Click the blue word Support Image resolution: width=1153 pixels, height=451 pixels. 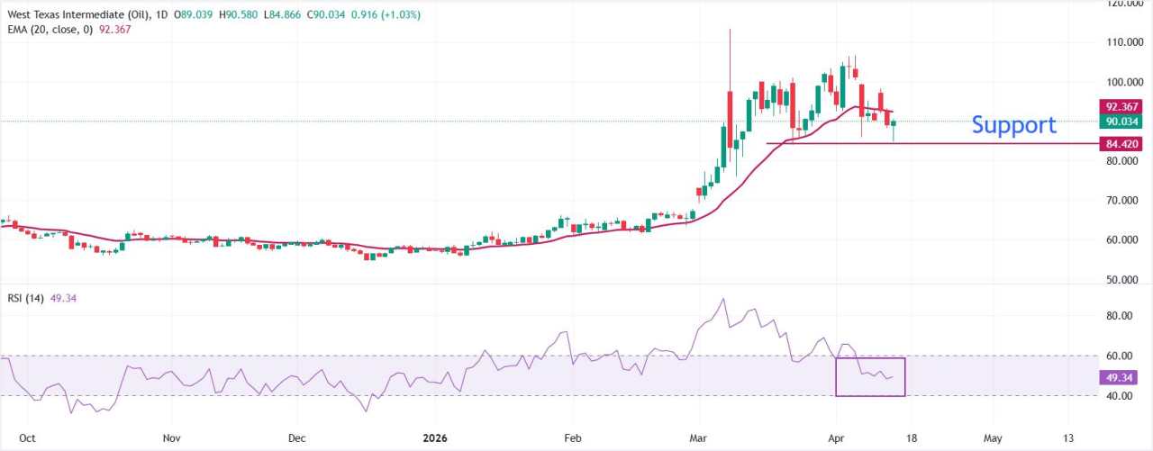(1013, 125)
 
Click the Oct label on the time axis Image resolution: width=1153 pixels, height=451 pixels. (27, 438)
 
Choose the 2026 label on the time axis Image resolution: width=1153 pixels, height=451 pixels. (435, 438)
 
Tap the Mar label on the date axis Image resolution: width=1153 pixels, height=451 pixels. (700, 438)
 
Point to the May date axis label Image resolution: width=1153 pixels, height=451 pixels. (993, 438)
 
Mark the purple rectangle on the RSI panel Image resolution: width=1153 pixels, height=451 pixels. (870, 377)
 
